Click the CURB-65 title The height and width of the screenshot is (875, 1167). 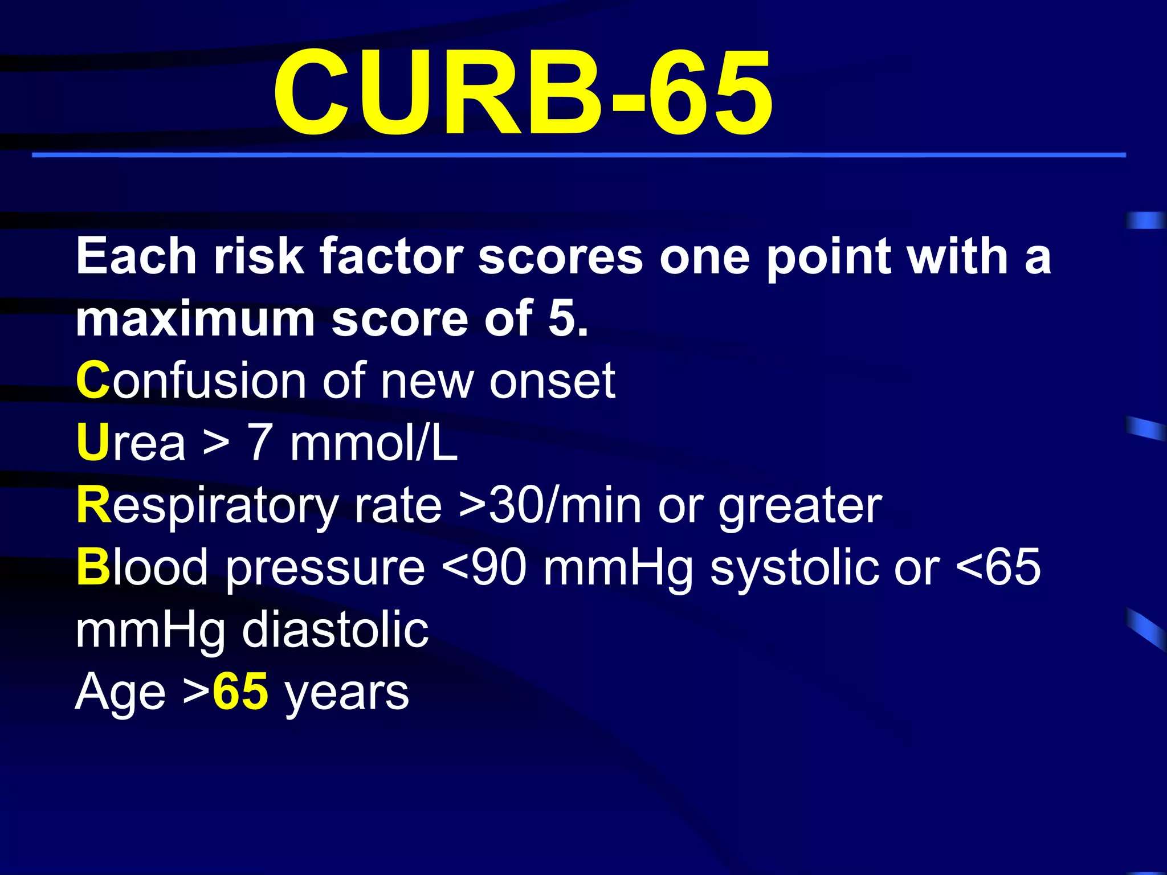tap(523, 94)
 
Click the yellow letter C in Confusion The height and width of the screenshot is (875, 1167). tap(92, 381)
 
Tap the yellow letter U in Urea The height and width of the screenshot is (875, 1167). tap(92, 443)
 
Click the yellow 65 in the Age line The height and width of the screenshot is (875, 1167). tap(240, 692)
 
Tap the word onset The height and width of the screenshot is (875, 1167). tap(552, 381)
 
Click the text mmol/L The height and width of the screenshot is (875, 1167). tap(374, 443)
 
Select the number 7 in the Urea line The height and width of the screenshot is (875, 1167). tap(259, 443)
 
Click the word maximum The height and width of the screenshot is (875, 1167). tap(195, 319)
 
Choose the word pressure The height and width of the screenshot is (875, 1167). tap(325, 569)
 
